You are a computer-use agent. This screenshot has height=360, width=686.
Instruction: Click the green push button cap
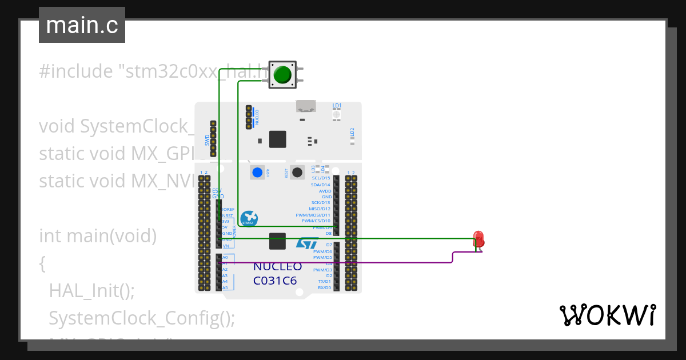(x=282, y=75)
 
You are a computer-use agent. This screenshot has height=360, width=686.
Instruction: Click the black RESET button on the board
(x=297, y=172)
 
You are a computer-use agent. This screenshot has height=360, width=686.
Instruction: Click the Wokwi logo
(x=607, y=315)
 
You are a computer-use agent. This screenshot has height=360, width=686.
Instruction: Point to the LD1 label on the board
(x=337, y=106)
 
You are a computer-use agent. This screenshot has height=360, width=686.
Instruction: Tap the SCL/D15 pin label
(x=320, y=178)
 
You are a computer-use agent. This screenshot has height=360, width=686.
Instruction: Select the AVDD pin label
(x=325, y=191)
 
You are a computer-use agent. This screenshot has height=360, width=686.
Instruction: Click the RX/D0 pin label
(x=324, y=287)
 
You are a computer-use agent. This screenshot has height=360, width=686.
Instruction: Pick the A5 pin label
(x=225, y=287)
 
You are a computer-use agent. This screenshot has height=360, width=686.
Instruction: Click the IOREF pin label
(x=228, y=210)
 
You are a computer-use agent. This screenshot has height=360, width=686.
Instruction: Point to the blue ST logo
(x=306, y=243)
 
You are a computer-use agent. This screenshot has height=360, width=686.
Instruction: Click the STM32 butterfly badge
(x=249, y=218)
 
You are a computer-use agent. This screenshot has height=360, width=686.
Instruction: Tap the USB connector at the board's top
(x=306, y=106)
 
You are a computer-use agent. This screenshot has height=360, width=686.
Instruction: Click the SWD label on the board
(x=207, y=140)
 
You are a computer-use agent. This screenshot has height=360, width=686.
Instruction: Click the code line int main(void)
(x=97, y=235)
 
